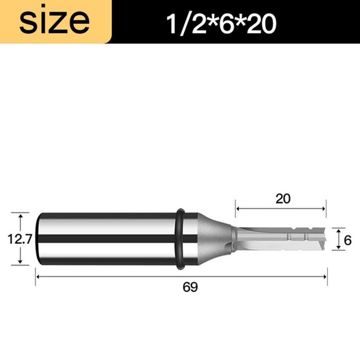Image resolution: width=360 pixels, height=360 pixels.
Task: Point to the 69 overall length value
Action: click(190, 287)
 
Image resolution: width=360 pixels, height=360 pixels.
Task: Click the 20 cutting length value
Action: click(283, 199)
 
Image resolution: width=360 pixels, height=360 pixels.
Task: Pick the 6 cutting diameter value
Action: click(347, 240)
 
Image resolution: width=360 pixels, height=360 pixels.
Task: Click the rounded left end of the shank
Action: click(39, 238)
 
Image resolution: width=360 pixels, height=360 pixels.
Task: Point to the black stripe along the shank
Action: click(108, 238)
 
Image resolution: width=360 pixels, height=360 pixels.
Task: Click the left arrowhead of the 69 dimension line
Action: click(38, 276)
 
